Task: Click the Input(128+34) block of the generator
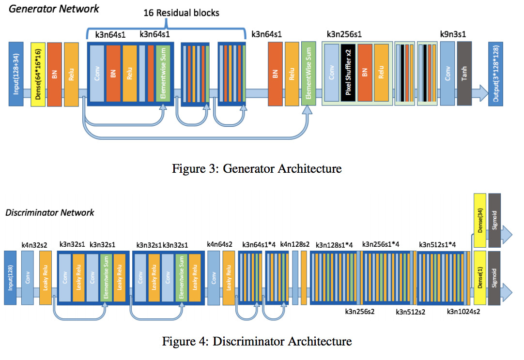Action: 16,74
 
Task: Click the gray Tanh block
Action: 464,74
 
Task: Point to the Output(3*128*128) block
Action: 496,74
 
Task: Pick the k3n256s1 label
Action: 344,34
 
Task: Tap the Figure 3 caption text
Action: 257,168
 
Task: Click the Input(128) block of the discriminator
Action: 11,278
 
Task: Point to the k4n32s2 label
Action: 34,245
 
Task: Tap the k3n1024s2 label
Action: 463,312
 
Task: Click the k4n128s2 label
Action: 295,245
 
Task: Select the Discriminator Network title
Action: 49,212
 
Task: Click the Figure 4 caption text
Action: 257,341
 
